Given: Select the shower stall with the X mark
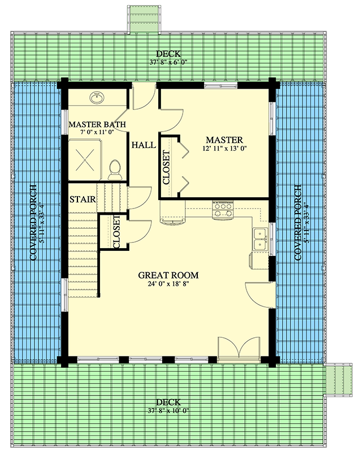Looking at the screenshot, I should [x=86, y=160].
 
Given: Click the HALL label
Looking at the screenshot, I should [x=144, y=145].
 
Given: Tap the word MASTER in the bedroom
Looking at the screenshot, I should [x=224, y=140].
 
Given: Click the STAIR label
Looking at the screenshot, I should [x=82, y=199].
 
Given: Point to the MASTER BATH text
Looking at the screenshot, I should [x=97, y=124].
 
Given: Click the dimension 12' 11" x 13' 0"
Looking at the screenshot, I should [x=224, y=149].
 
